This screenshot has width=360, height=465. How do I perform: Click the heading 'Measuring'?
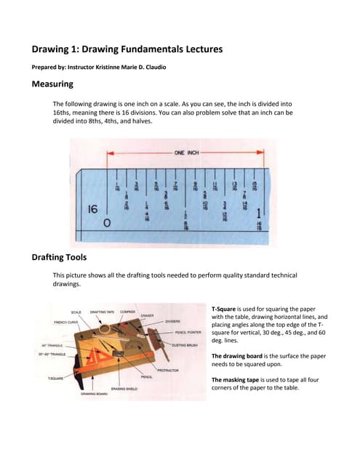coord(58,84)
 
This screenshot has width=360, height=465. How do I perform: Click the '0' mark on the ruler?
coord(107,223)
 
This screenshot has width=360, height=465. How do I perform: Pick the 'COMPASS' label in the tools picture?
coord(127,312)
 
